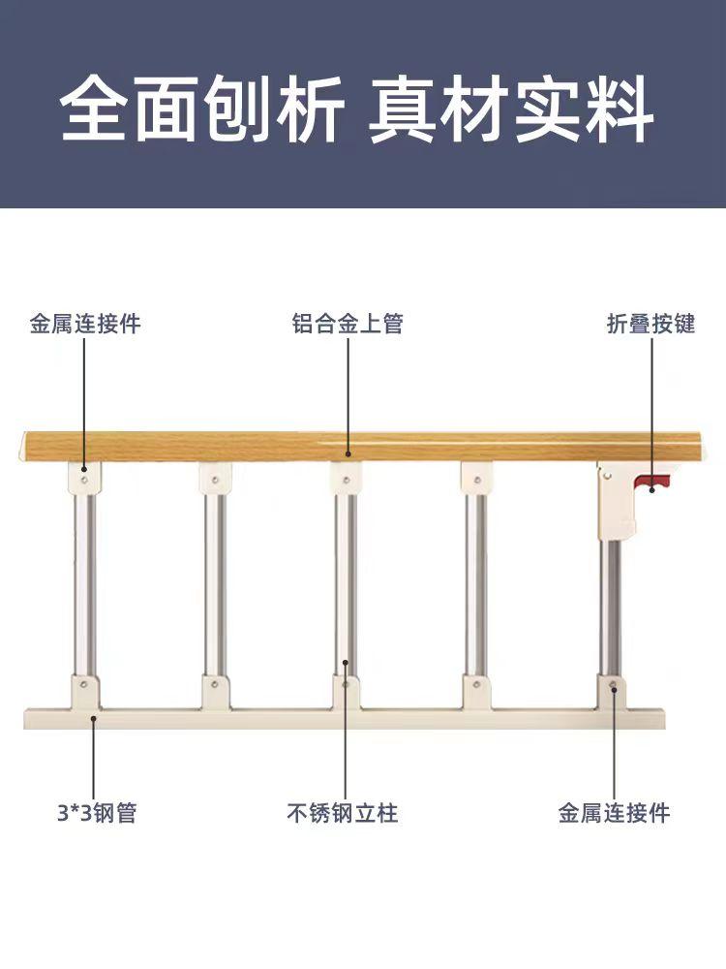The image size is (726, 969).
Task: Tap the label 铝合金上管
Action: pyautogui.click(x=348, y=324)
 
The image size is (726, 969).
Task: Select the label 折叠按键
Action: pyautogui.click(x=650, y=324)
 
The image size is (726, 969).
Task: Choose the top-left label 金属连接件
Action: pyautogui.click(x=85, y=324)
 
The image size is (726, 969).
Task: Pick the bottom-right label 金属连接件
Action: pyautogui.click(x=614, y=812)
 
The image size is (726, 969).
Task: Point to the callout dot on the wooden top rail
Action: pyautogui.click(x=348, y=452)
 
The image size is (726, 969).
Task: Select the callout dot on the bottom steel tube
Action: pyautogui.click(x=93, y=718)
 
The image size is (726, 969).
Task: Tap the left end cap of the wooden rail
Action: pyautogui.click(x=23, y=447)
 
